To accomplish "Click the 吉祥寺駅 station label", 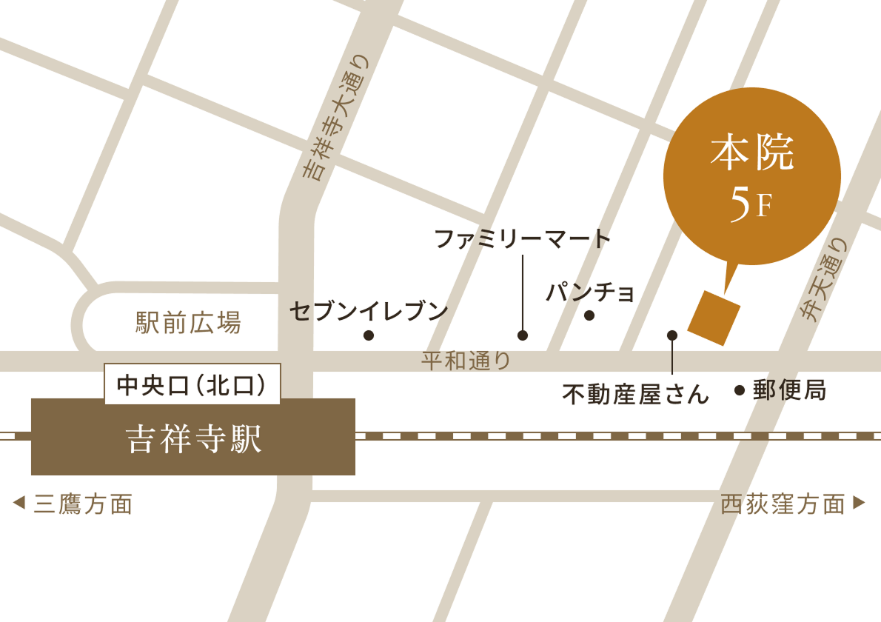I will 194,438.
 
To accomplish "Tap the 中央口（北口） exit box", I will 192,384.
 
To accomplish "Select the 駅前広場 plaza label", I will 188,323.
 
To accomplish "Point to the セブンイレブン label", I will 369,311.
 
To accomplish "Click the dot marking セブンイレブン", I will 369,335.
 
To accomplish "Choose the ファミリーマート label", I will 522,239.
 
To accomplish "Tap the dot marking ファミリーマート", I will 523,335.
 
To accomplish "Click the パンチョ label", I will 590,292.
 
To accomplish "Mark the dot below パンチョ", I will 589,315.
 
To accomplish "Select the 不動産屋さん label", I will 635,394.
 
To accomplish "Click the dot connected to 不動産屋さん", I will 672,335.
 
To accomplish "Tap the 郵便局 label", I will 789,389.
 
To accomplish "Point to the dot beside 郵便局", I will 739,390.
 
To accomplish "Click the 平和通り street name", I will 466,361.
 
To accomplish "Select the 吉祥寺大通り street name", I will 337,118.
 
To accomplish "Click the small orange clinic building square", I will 714,318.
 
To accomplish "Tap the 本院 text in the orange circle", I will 751,155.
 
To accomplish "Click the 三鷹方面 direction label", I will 83,504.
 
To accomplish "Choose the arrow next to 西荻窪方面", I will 859,503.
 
